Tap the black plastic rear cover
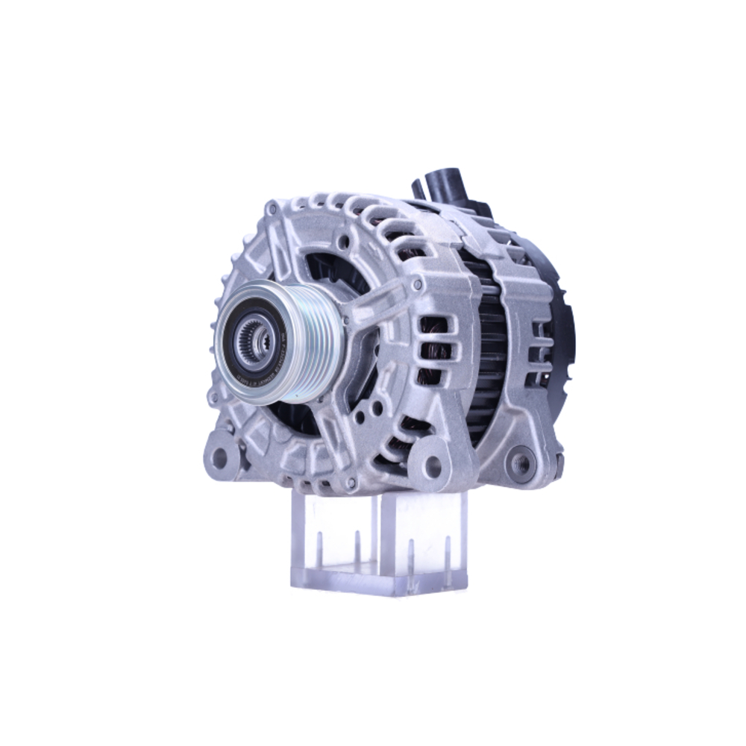pos(563,328)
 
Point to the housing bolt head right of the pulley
pos(417,284)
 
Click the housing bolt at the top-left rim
pos(272,210)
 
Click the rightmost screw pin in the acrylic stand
pos(447,548)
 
